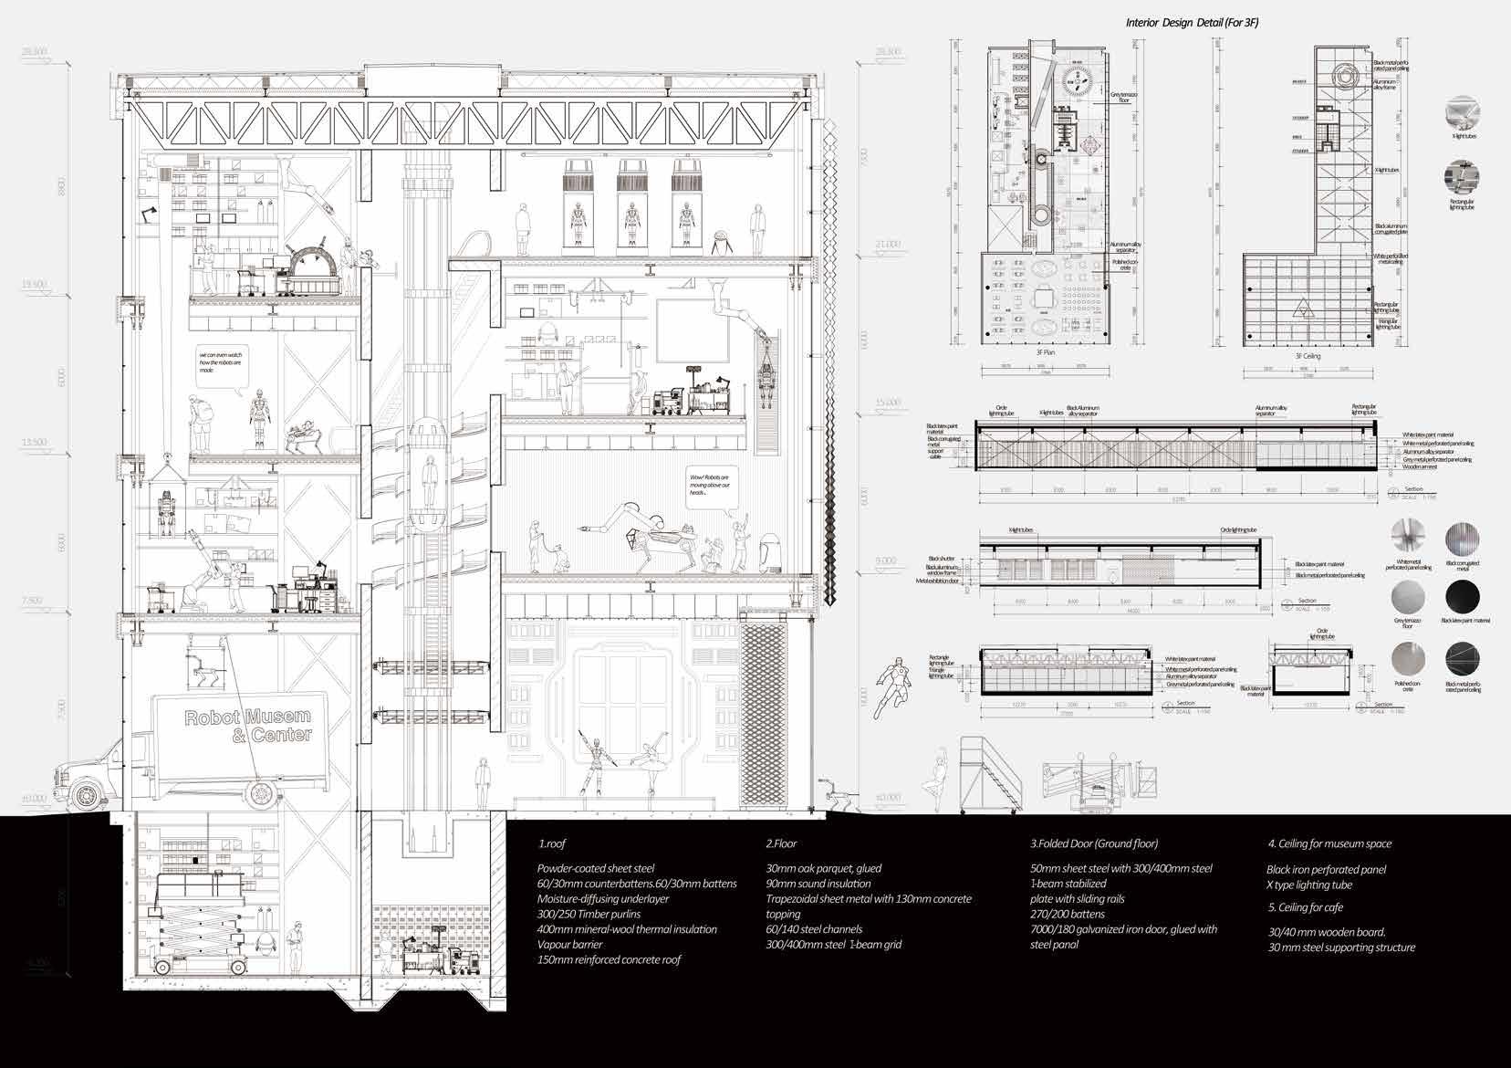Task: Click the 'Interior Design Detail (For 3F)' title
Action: (x=1192, y=23)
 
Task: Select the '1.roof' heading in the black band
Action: (x=553, y=844)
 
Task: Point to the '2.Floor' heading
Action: (x=782, y=844)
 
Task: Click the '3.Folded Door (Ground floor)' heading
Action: (x=1094, y=844)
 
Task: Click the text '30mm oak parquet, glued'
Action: (x=823, y=869)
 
